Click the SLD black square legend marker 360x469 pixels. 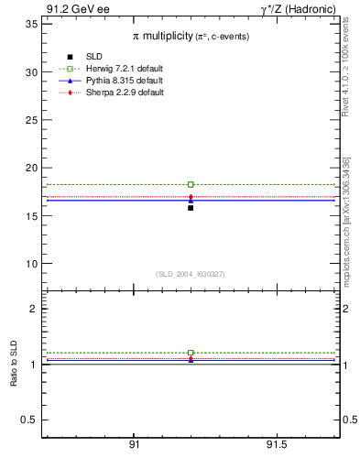pos(70,58)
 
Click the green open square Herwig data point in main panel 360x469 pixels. pos(191,185)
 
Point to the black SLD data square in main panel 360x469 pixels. pos(191,208)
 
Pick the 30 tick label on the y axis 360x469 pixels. pos(31,72)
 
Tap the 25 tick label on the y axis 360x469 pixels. pos(31,120)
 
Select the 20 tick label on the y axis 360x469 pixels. pos(31,168)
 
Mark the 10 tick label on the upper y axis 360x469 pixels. pos(31,264)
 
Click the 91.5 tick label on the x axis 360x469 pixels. pos(277,445)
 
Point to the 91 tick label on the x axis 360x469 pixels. pos(135,445)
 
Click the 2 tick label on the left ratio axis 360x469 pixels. pos(34,309)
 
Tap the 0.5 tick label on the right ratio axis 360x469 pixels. pos(349,420)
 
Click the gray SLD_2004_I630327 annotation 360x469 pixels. pos(190,274)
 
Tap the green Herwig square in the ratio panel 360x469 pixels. pos(191,353)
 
